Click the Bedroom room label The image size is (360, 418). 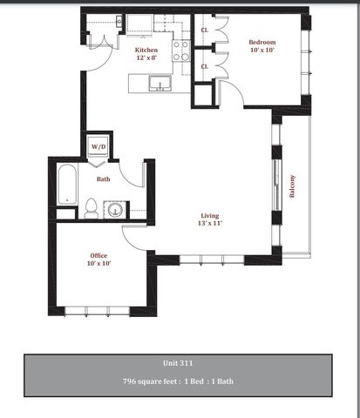(x=262, y=42)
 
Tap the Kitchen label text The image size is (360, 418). (x=146, y=50)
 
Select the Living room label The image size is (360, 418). (x=210, y=216)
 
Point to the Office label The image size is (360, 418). (x=98, y=256)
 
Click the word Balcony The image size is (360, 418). (x=292, y=186)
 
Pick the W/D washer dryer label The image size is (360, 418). (x=98, y=146)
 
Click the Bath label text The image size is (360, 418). (x=104, y=179)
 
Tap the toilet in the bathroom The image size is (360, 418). (x=92, y=208)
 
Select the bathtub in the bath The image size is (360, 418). (x=67, y=184)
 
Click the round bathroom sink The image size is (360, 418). (x=115, y=210)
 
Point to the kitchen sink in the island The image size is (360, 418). (x=160, y=84)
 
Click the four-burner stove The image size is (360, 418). (x=180, y=51)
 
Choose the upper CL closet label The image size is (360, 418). (x=205, y=30)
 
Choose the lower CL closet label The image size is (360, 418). (x=205, y=66)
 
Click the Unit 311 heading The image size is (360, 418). (x=178, y=363)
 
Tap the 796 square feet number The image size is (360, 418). (x=128, y=381)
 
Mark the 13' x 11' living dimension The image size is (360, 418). (x=210, y=223)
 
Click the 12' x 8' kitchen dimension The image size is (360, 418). (x=146, y=57)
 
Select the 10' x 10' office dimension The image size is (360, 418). (x=98, y=263)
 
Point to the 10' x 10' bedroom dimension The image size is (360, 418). (x=262, y=50)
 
